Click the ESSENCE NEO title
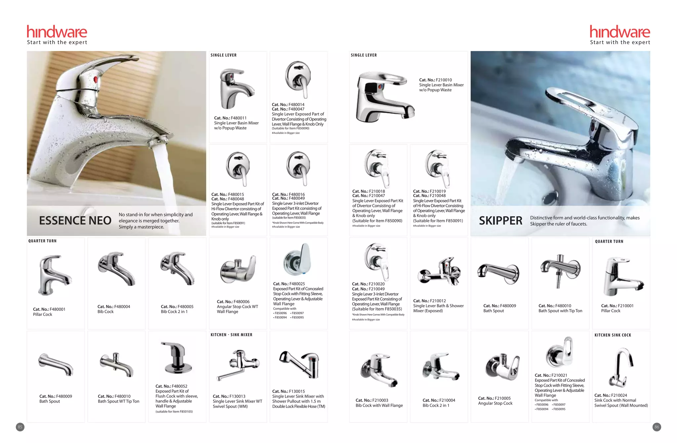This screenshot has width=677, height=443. coord(75,221)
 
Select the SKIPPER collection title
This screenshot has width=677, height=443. coord(500,221)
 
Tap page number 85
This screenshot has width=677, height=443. coord(20,427)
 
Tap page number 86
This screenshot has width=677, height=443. coord(657,427)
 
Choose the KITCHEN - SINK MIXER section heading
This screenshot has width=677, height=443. coord(231,335)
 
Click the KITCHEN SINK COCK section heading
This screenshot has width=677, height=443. coord(613,335)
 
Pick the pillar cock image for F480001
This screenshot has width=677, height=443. coord(54,274)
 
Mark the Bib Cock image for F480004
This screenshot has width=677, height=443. coord(116,268)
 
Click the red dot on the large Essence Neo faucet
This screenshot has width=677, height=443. coord(96,79)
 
